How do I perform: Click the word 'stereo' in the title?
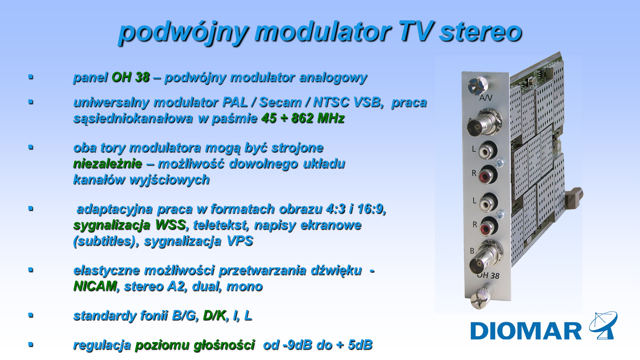480,32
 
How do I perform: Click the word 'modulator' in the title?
323,32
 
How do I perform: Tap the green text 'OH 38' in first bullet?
130,77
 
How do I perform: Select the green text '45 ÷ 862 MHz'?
303,118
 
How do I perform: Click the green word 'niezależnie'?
108,164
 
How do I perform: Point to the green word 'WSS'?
170,225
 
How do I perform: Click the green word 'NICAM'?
95,286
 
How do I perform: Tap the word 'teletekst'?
221,225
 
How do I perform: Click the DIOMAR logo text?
526,331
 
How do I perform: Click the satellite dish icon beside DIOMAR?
603,325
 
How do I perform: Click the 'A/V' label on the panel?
486,98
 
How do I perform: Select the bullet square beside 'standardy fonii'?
31,315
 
